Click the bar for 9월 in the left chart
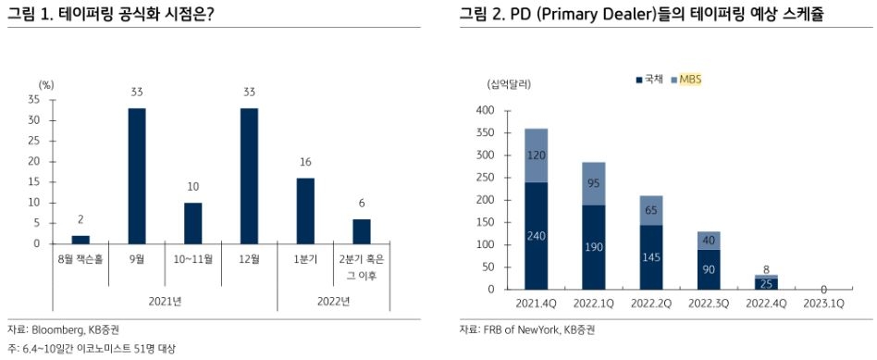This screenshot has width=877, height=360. [x=137, y=176]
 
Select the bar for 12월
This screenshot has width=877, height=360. [x=250, y=176]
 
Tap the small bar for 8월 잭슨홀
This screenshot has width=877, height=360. [x=80, y=240]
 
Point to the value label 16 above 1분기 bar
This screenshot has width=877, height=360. [x=305, y=162]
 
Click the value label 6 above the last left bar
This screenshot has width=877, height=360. [x=362, y=204]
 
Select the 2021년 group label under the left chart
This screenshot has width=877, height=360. [x=165, y=301]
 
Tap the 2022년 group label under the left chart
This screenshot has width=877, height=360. [x=333, y=301]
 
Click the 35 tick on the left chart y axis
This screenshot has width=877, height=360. [x=34, y=99]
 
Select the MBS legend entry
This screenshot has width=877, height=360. [x=689, y=81]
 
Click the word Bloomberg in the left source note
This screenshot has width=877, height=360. [x=56, y=329]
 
